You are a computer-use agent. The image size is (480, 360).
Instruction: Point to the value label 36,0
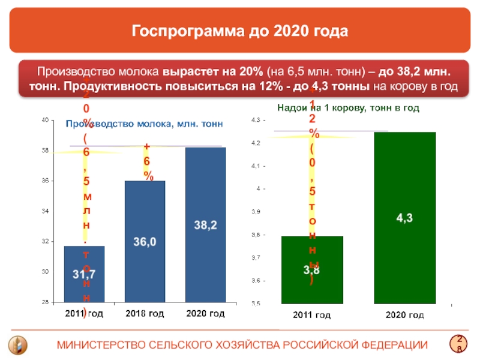pos(145,242)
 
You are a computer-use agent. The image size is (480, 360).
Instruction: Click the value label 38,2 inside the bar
pos(205,225)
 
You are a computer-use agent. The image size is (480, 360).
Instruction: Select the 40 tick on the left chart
pos(45,121)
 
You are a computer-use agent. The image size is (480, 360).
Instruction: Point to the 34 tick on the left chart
pos(45,211)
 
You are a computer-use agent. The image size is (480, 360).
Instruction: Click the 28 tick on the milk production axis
pos(45,302)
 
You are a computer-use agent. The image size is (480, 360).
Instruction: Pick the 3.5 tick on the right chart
pos(256,304)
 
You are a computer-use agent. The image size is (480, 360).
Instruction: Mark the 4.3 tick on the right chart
pos(256,121)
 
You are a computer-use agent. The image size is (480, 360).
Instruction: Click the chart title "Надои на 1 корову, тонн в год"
pos(348,107)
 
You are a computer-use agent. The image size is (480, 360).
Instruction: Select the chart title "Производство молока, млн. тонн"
pos(144,124)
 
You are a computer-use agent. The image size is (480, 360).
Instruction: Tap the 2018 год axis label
pos(145,314)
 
